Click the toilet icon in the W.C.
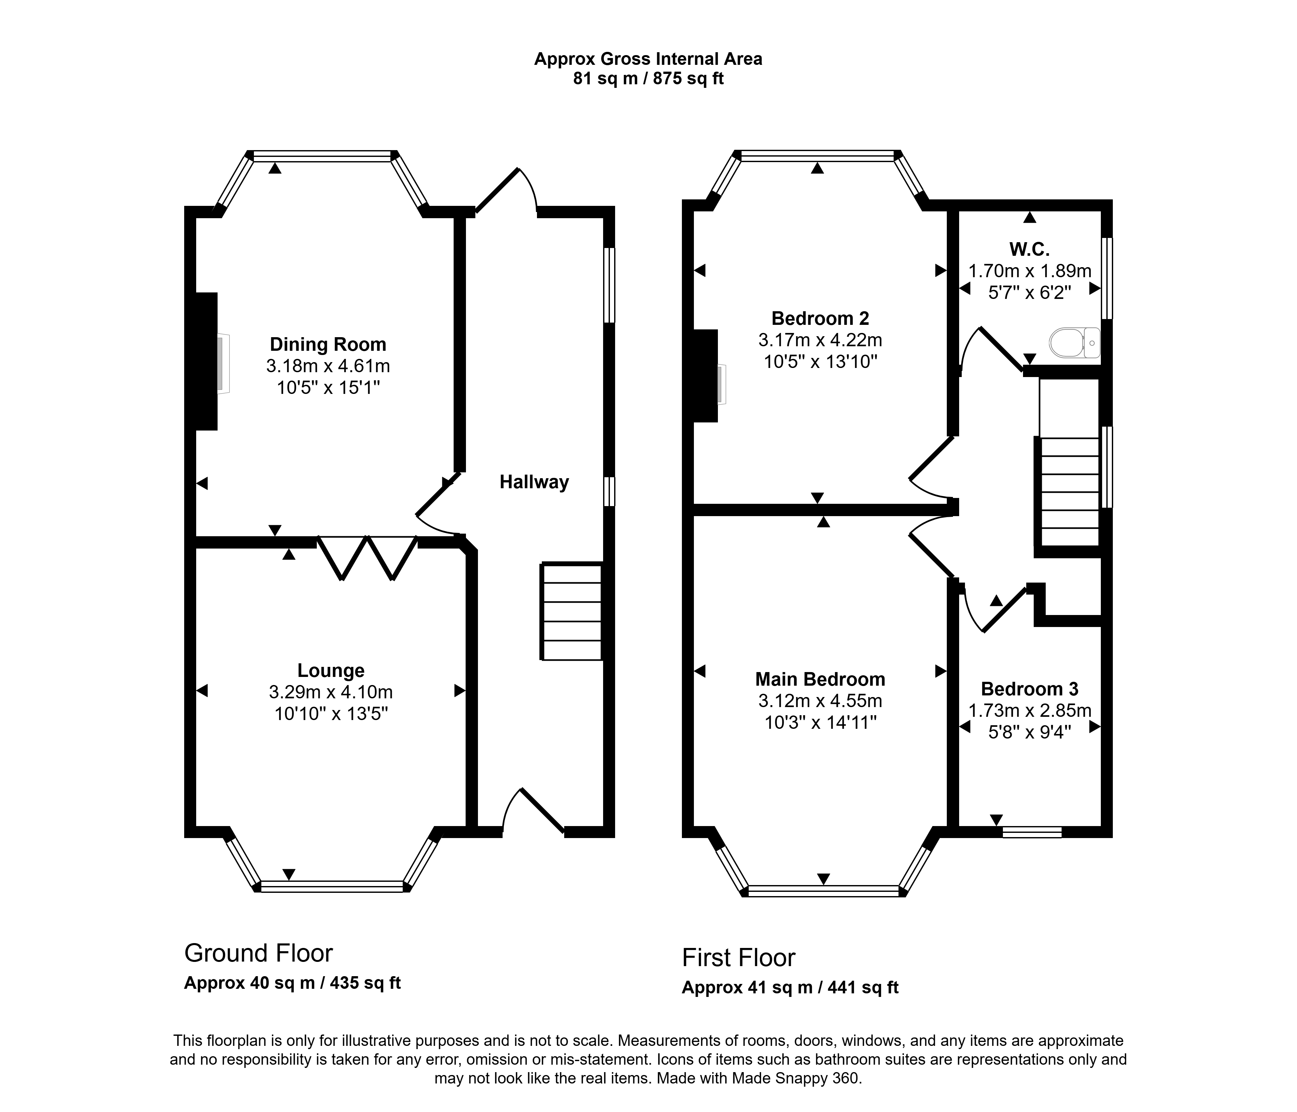(1075, 343)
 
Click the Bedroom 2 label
(820, 318)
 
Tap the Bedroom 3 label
(1030, 689)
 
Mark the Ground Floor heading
(258, 953)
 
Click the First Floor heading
(739, 957)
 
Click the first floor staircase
(1069, 492)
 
